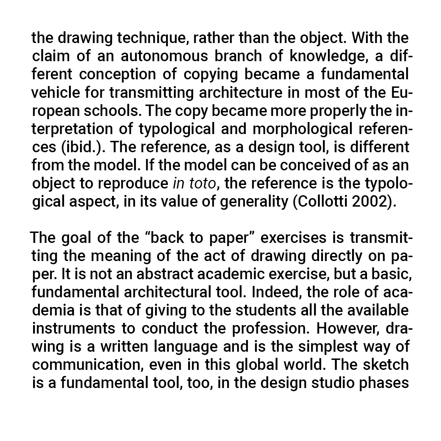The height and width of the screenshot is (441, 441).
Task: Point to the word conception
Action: pos(117,74)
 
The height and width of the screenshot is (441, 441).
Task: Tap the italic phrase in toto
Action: pos(194,184)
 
